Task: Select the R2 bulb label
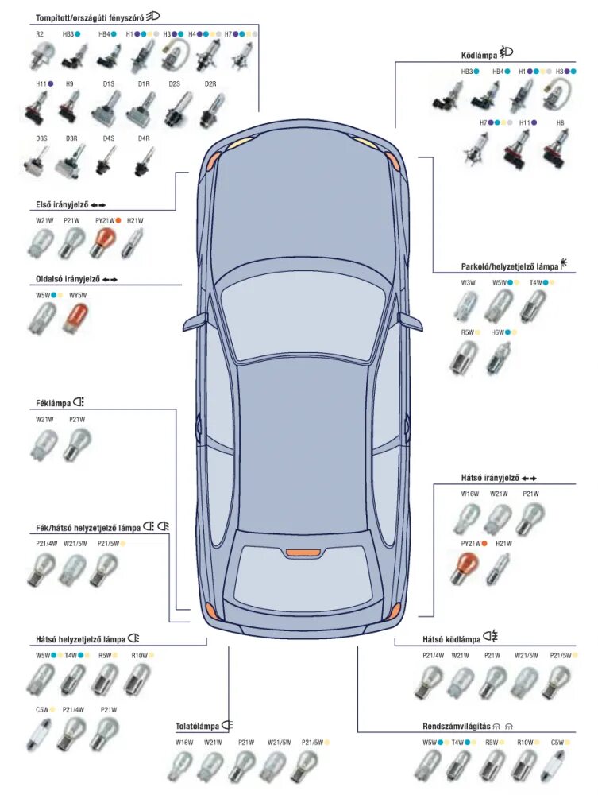(40, 34)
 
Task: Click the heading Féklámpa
(53, 403)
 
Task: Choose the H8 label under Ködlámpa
(560, 123)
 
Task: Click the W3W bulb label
(468, 282)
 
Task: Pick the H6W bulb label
(498, 332)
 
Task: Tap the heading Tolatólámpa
(197, 726)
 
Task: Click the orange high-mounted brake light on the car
(303, 552)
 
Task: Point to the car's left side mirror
(195, 322)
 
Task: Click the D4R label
(144, 138)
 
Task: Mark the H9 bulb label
(70, 83)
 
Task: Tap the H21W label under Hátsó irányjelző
(503, 543)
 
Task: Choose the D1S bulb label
(108, 83)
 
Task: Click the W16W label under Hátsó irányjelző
(469, 494)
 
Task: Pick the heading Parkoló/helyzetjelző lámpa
(509, 266)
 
